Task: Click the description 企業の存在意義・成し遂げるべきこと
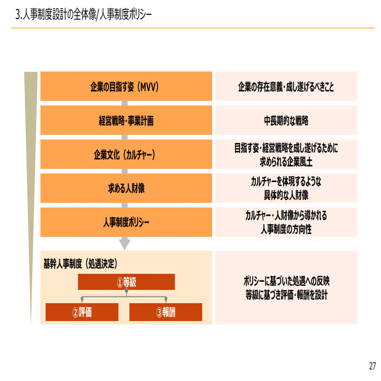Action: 286,87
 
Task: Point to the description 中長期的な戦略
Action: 286,120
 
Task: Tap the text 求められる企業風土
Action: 286,161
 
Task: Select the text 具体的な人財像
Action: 286,195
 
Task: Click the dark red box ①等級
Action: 126,282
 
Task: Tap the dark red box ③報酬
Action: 165,312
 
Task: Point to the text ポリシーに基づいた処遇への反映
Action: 286,281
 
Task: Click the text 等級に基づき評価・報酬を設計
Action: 286,294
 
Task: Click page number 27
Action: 372,366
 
